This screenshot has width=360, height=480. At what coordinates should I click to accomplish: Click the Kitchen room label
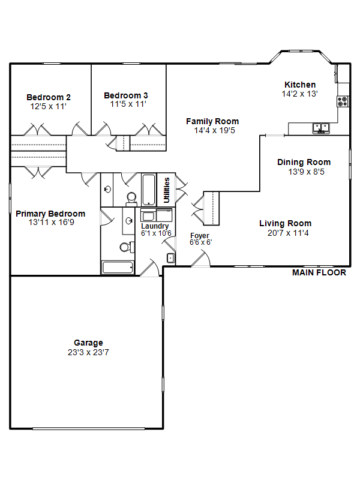pyautogui.click(x=300, y=85)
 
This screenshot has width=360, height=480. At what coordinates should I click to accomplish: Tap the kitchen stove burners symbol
pyautogui.click(x=343, y=101)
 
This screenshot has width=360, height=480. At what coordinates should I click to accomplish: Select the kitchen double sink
pyautogui.click(x=321, y=128)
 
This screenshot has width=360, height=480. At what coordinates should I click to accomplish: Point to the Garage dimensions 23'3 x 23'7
pyautogui.click(x=88, y=352)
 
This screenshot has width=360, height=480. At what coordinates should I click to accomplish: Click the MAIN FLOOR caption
pyautogui.click(x=319, y=272)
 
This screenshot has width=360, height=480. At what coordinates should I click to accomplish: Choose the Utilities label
pyautogui.click(x=167, y=190)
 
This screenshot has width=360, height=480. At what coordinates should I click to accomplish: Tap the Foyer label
pyautogui.click(x=200, y=235)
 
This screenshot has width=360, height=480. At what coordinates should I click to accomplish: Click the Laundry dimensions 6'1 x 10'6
pyautogui.click(x=156, y=233)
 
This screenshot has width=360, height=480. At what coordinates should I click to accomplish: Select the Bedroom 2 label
pyautogui.click(x=49, y=97)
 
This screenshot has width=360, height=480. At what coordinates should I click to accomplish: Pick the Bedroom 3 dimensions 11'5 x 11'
pyautogui.click(x=128, y=104)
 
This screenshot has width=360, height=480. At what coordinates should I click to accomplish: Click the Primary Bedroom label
pyautogui.click(x=50, y=214)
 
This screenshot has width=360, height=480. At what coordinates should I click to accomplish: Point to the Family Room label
pyautogui.click(x=212, y=122)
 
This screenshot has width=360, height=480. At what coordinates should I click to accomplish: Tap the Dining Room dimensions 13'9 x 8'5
pyautogui.click(x=306, y=172)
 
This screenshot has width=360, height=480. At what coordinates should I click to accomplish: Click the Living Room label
pyautogui.click(x=286, y=223)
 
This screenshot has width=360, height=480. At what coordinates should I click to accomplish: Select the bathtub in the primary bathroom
pyautogui.click(x=117, y=267)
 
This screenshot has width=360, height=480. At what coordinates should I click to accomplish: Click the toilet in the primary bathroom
pyautogui.click(x=127, y=247)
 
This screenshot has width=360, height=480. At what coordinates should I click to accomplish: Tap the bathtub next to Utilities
pyautogui.click(x=149, y=190)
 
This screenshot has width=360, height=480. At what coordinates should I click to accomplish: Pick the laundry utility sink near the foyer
pyautogui.click(x=171, y=258)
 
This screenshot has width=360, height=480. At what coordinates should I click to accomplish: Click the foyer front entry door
pyautogui.click(x=200, y=259)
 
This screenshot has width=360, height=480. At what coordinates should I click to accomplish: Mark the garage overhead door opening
pyautogui.click(x=88, y=428)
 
